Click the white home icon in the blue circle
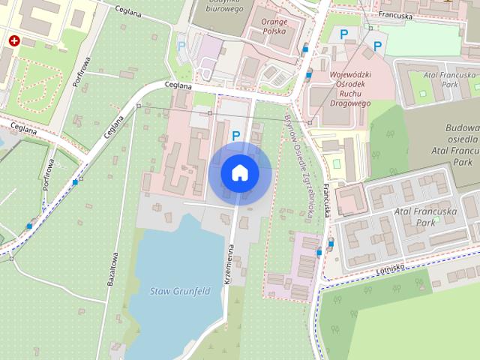click(240, 172)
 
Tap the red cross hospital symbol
click(13, 40)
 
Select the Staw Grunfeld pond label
click(179, 291)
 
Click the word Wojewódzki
click(352, 75)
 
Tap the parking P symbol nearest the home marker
click(236, 136)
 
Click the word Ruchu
click(350, 94)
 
